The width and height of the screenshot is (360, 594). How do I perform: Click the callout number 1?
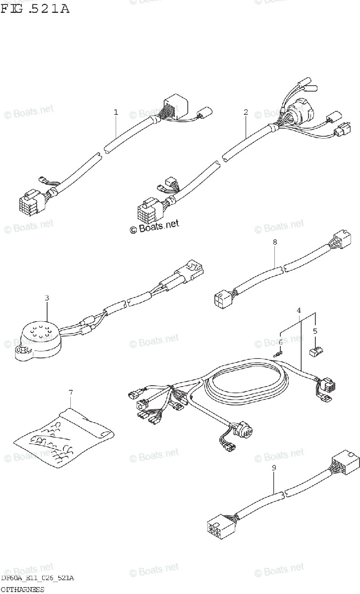coord(116,112)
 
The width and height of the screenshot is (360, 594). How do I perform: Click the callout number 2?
coord(245,112)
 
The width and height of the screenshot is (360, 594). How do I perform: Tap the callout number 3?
coord(47,298)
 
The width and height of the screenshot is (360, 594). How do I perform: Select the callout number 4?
coord(299,310)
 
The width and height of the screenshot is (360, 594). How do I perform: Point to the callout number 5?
coord(315,331)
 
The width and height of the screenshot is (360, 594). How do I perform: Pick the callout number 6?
coord(280,342)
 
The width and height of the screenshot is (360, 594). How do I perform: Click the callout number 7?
coord(70,393)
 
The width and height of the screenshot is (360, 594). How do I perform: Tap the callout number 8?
coord(275,242)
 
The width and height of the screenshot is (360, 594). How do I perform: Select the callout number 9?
coord(274,467)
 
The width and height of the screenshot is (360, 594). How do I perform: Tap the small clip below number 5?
coord(315,352)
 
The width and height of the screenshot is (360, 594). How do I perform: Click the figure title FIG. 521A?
coord(35,8)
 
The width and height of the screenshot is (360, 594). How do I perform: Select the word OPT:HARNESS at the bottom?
coord(22,589)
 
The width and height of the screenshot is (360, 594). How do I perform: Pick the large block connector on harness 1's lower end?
coord(31,202)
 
